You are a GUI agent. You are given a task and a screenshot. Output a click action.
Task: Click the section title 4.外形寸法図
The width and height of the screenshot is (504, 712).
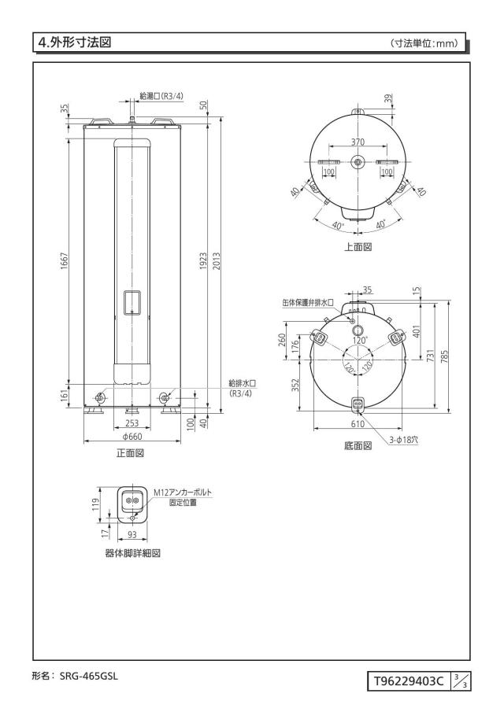point(75,42)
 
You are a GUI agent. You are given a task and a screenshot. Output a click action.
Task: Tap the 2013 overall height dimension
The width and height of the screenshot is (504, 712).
point(217,261)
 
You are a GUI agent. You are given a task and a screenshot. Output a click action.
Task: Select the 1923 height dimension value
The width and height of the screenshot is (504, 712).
point(203,261)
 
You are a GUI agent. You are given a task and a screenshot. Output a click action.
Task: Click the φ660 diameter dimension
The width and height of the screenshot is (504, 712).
point(132,437)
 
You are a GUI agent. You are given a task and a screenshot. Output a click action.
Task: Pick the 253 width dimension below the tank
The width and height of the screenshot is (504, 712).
point(132,423)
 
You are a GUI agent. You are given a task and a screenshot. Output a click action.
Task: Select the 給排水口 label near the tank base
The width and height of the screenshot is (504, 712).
point(243,384)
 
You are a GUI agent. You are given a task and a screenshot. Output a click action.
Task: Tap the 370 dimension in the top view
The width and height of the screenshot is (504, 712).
point(358,142)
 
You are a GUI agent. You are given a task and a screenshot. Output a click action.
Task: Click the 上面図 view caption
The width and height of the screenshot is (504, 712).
point(358,247)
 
